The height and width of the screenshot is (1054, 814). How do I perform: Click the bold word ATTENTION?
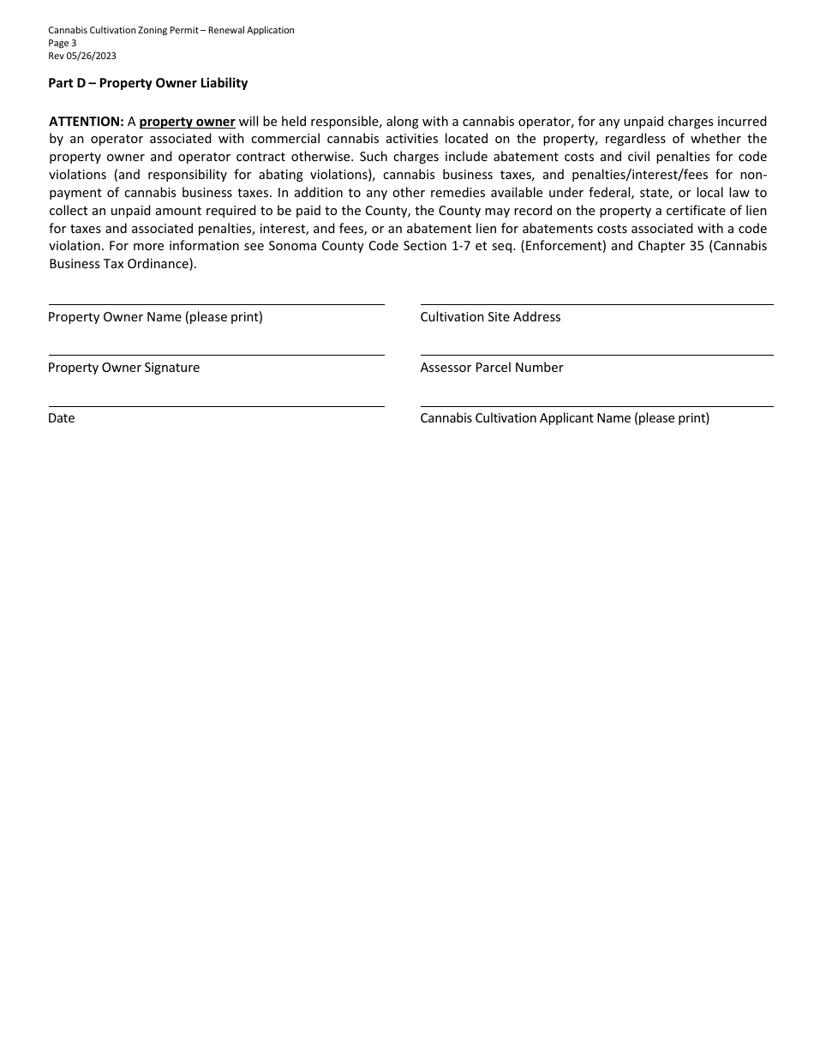87,122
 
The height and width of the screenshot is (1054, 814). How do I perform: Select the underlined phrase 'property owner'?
187,122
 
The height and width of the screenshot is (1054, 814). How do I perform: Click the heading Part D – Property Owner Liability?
147,83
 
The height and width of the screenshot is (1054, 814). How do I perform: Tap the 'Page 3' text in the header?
63,43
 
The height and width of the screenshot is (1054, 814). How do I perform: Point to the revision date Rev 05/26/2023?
82,56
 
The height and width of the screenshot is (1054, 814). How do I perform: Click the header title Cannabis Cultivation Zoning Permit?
171,30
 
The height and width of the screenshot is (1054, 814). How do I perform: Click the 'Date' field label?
62,418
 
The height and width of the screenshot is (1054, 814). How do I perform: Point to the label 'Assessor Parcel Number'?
492,368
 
